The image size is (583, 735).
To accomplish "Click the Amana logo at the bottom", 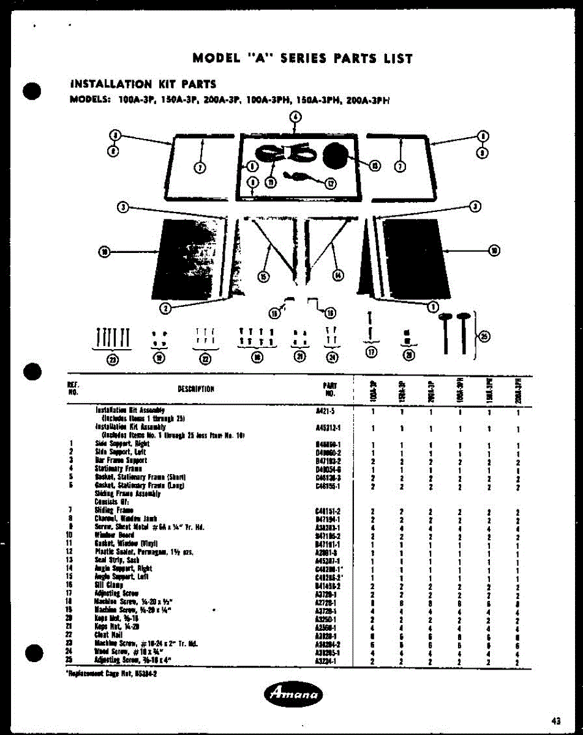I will (x=295, y=694).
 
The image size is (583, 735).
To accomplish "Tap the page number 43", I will (x=555, y=722).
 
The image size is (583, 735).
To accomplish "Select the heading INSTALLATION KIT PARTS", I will (x=144, y=84).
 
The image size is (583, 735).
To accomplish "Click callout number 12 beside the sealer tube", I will (x=331, y=182).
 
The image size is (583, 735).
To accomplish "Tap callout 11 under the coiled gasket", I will (x=270, y=181).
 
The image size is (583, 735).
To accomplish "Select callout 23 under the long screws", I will (x=113, y=360).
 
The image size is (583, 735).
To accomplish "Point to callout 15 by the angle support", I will (x=263, y=277).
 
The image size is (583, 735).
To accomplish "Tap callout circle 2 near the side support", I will (x=164, y=307).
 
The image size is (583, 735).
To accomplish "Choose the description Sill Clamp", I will (x=110, y=585).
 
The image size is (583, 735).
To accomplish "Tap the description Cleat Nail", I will (x=109, y=635).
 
